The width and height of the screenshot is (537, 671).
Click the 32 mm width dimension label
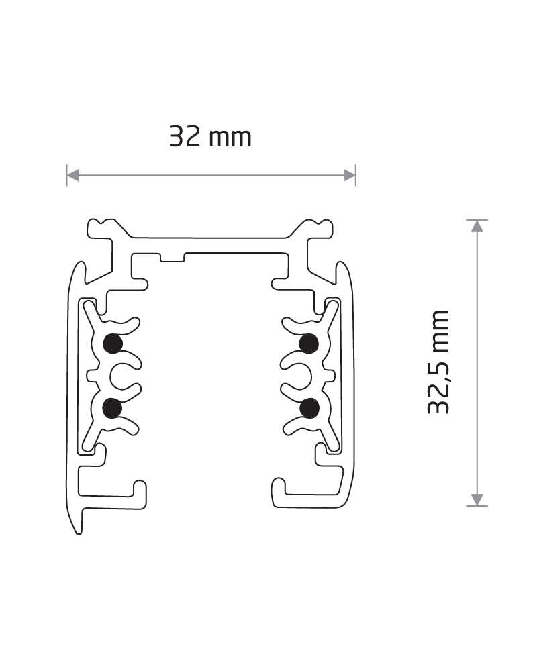coord(210,136)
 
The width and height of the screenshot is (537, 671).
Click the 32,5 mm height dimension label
coord(438,362)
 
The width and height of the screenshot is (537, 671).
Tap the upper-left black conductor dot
coord(113,343)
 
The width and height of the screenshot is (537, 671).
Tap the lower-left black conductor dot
coord(113,408)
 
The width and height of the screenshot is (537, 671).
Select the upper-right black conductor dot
coord(309,344)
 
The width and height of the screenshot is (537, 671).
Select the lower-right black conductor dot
coord(309,408)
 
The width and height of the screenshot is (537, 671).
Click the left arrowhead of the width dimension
coord(72,175)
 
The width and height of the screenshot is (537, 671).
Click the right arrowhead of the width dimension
coord(350,175)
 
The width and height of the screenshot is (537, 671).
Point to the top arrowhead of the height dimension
coord(477,226)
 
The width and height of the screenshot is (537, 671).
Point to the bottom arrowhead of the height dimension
coord(477,499)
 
